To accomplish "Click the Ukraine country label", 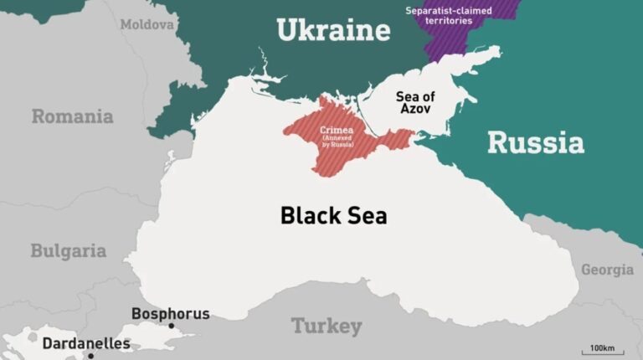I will coord(333,31).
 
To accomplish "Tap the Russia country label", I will coord(535,142).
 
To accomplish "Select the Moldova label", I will coord(147,25).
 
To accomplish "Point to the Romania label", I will coord(72,116).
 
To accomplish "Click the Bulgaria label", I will coord(68,250).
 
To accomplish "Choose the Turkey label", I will coord(327,326).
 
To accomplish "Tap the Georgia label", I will coord(607,270).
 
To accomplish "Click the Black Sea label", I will coord(333,215).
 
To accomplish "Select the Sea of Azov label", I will coord(415,103).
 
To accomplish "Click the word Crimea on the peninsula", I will coord(337,131).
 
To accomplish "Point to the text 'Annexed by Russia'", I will coord(337,142).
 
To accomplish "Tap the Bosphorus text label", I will coord(170,314).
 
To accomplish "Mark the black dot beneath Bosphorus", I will coord(171,326).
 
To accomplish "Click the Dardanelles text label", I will coord(86,343).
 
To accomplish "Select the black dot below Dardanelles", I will coord(90,356).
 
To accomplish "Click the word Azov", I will coord(415,111).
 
